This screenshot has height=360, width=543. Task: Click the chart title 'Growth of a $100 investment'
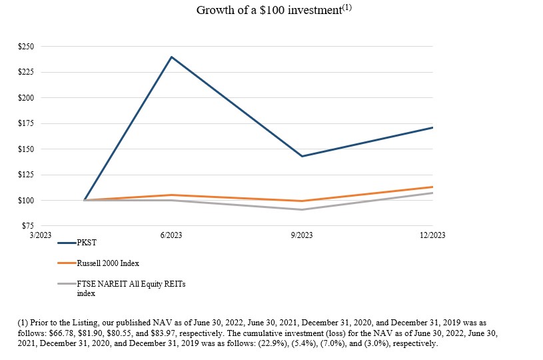click(x=273, y=11)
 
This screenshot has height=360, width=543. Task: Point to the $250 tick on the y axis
click(x=26, y=47)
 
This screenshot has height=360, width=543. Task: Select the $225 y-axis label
click(x=26, y=72)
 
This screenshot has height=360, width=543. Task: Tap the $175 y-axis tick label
click(x=26, y=123)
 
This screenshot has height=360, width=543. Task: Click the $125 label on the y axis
click(x=26, y=175)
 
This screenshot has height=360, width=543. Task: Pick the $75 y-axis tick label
click(x=27, y=226)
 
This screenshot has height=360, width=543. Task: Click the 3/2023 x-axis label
click(x=41, y=235)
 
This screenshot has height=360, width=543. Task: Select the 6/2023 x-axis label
click(x=171, y=235)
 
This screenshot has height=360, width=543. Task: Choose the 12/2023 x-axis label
click(x=432, y=235)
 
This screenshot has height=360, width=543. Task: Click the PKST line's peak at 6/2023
click(x=171, y=57)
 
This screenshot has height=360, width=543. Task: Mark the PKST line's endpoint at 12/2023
click(x=432, y=127)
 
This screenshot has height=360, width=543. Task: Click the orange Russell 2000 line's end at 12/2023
click(x=432, y=187)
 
